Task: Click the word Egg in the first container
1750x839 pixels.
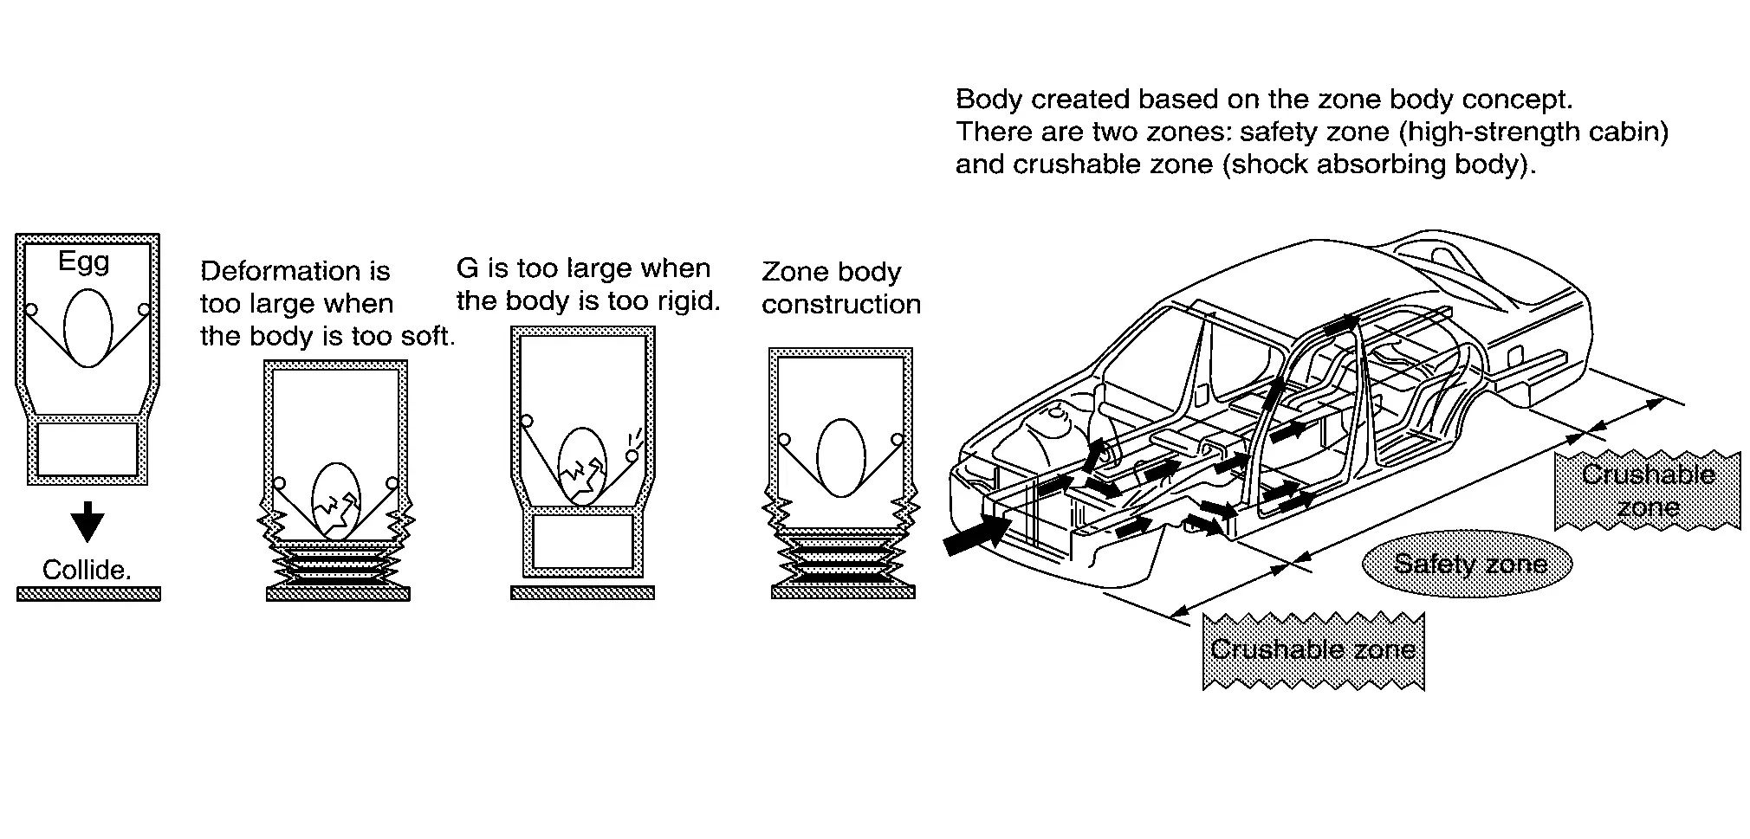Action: (84, 261)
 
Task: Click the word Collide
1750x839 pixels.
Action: (87, 570)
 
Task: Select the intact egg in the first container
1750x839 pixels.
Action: (87, 328)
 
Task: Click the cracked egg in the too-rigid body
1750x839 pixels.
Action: (582, 466)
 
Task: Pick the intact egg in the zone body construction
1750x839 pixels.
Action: (840, 458)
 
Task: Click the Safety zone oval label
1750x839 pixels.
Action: (1469, 565)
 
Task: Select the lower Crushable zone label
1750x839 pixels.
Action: (1312, 650)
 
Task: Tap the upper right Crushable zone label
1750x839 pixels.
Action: (1648, 490)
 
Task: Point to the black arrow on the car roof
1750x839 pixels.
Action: (1342, 324)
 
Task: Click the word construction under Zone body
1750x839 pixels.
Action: (841, 305)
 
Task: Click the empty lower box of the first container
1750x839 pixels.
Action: (87, 449)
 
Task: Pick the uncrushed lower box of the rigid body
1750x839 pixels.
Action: (582, 542)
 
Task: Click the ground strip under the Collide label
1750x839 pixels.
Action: (88, 594)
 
